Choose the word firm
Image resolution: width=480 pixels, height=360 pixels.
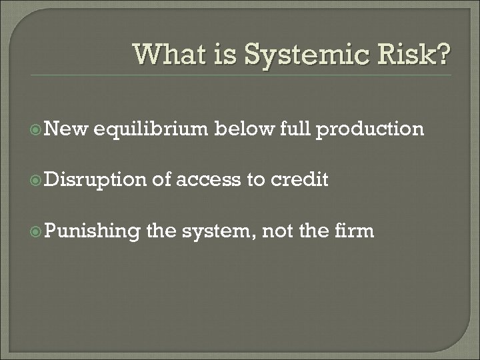(353, 231)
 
